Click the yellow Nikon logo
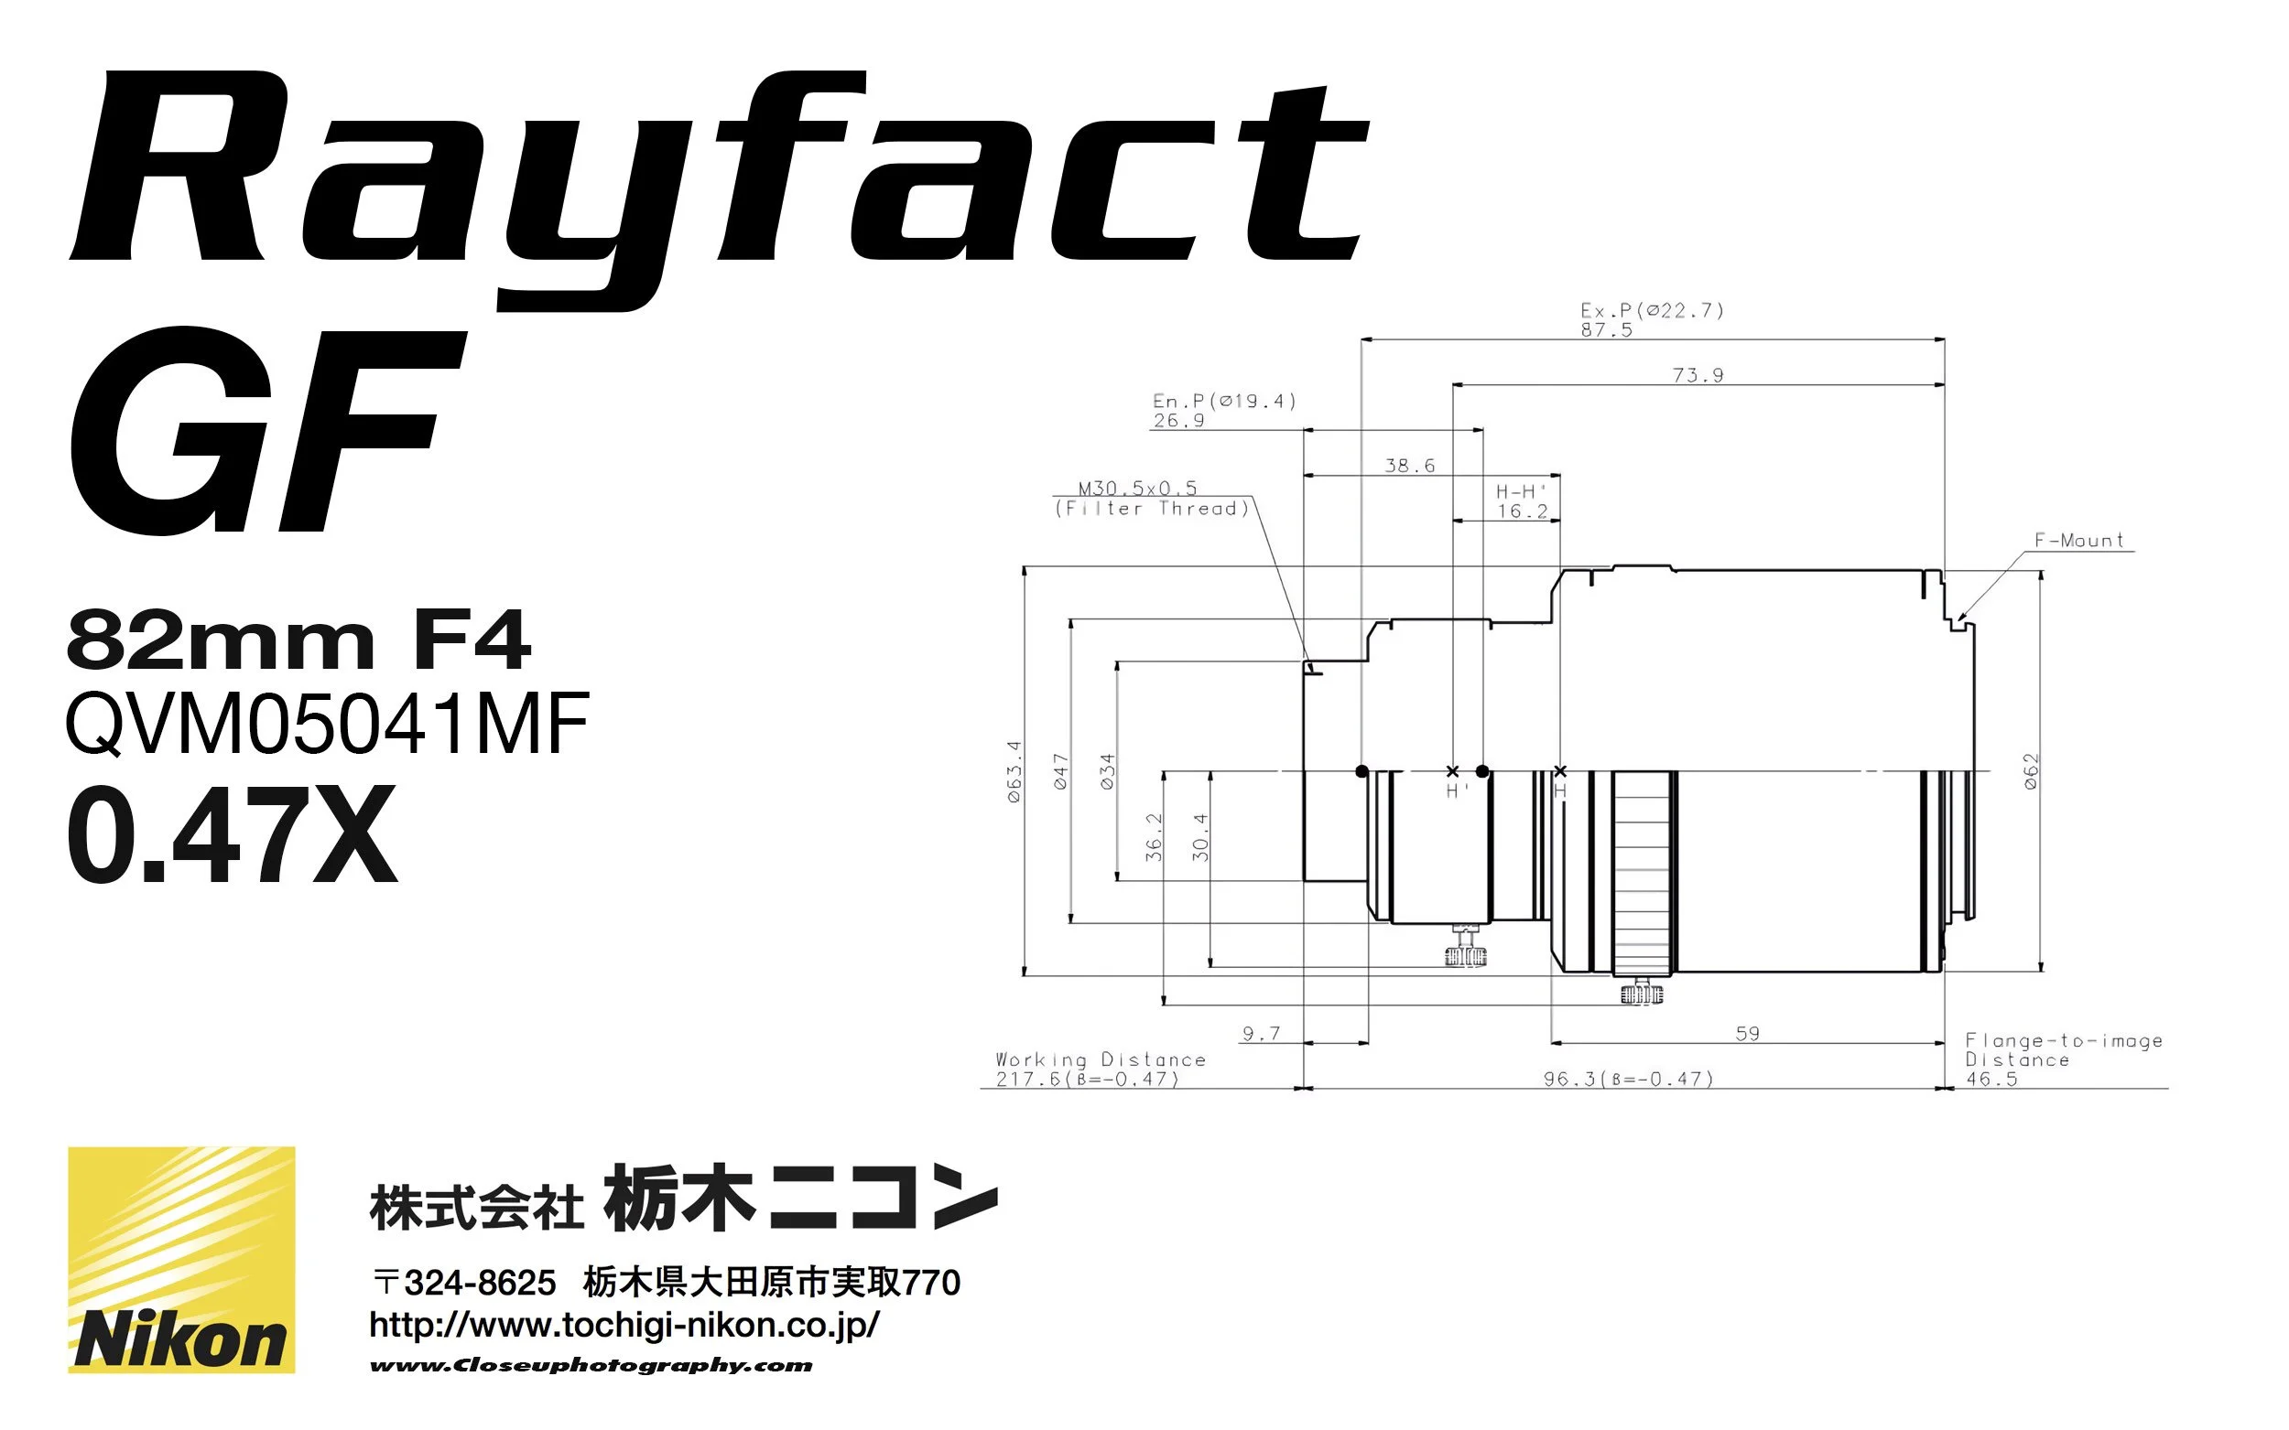pyautogui.click(x=180, y=1259)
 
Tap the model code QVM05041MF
pyautogui.click(x=328, y=724)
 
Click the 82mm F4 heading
pyautogui.click(x=298, y=640)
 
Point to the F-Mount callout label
pyautogui.click(x=2078, y=540)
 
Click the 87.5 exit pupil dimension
pyautogui.click(x=1606, y=330)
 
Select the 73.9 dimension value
pyautogui.click(x=1698, y=375)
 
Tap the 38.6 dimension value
pyautogui.click(x=1409, y=466)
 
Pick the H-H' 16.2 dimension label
pyautogui.click(x=1522, y=501)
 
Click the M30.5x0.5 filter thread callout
pyautogui.click(x=1152, y=499)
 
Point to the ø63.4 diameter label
pyautogui.click(x=1014, y=770)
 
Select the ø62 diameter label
pyautogui.click(x=2031, y=770)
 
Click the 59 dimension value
pyautogui.click(x=1747, y=1034)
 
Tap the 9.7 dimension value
pyautogui.click(x=1261, y=1034)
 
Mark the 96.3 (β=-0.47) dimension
pyautogui.click(x=1628, y=1078)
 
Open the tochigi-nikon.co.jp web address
pyautogui.click(x=624, y=1325)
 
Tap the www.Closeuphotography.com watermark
pyautogui.click(x=591, y=1365)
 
